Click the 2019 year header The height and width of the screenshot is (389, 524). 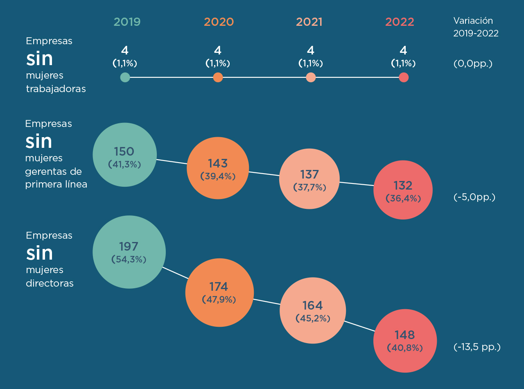point(127,22)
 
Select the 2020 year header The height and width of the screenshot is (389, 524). point(219,22)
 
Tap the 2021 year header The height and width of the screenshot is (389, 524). point(309,22)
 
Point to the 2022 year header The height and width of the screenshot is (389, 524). point(400,22)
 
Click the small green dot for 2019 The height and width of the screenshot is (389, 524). point(125,77)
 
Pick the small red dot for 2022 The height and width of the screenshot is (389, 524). point(404,77)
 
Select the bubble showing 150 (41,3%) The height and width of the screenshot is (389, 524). point(125,155)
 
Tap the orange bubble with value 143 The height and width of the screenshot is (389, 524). point(218,168)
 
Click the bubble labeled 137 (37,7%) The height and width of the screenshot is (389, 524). point(309,179)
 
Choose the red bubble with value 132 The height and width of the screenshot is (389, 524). point(403,190)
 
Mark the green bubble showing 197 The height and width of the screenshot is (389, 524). point(129,252)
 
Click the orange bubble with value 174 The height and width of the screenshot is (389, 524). point(219,292)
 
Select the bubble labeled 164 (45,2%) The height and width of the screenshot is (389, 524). point(313,310)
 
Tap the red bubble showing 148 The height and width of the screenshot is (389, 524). point(404,341)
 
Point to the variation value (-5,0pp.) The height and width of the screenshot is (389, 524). point(474,197)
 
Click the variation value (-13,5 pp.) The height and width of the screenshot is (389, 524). point(477,347)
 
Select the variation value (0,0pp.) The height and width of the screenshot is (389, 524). point(473,64)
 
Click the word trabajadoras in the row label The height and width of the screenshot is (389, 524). point(56,89)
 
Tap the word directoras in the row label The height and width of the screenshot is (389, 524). point(50,283)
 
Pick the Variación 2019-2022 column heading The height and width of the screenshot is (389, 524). point(476,27)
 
